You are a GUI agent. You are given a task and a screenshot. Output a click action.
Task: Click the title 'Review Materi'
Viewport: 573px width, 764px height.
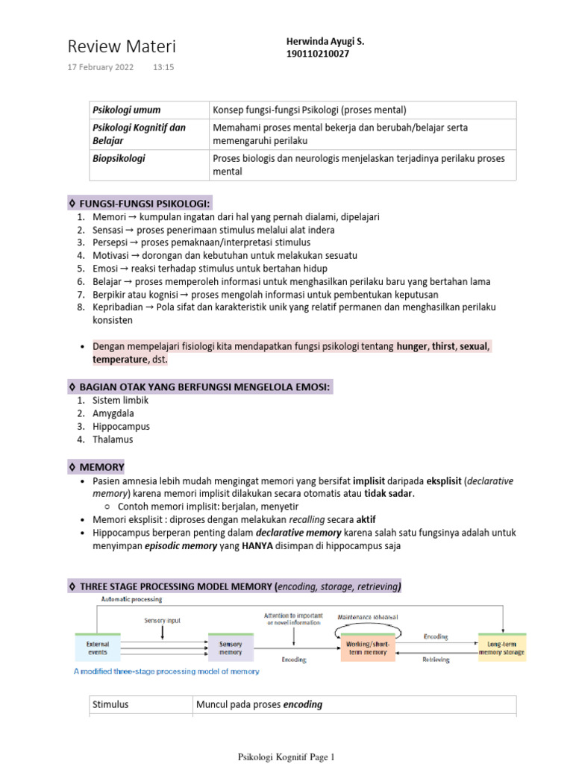coord(122,47)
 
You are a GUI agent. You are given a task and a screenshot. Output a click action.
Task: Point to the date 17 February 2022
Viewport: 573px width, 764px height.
coord(101,67)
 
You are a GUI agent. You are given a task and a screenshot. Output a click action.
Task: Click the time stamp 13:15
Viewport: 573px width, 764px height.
coord(163,67)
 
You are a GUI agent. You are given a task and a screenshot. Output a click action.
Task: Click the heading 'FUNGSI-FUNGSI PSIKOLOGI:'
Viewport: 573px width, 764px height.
coord(140,203)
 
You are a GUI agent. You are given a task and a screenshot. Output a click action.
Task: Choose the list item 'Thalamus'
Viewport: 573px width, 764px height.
coord(113,439)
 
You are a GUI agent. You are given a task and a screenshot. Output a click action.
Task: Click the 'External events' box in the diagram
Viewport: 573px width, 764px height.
coord(96,647)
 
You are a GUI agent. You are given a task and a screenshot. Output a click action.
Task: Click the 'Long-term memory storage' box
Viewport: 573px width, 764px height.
coord(501,647)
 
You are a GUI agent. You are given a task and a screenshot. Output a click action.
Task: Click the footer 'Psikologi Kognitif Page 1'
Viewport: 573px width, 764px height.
coord(286,757)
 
